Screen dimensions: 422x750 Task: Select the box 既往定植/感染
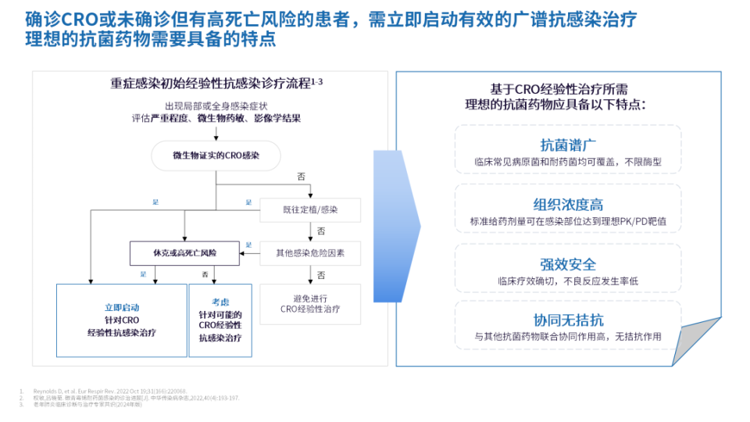point(310,209)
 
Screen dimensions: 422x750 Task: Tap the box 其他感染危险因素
point(310,252)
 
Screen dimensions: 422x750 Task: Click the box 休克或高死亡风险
point(185,252)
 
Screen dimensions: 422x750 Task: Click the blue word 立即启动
point(121,307)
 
